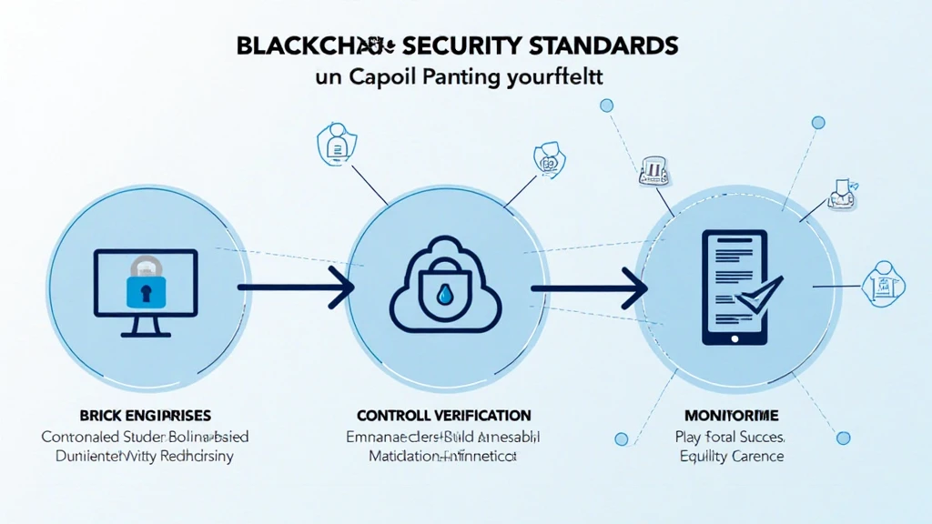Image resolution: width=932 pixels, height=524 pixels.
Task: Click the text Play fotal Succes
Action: [x=731, y=437]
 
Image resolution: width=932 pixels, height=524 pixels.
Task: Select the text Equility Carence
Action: [x=731, y=456]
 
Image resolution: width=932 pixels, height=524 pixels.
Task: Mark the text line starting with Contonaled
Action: [x=145, y=437]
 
